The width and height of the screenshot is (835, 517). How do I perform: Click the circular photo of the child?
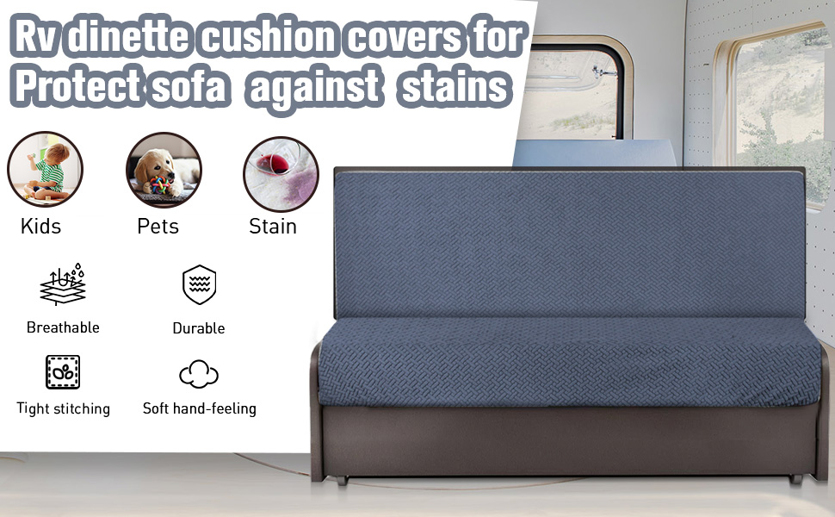pyautogui.click(x=45, y=170)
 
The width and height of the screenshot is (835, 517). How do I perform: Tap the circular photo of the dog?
pyautogui.click(x=164, y=170)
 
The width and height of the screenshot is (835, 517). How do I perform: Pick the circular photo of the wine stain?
pyautogui.click(x=281, y=170)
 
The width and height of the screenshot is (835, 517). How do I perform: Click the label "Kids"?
pyautogui.click(x=41, y=227)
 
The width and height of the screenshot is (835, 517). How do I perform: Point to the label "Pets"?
pyautogui.click(x=158, y=227)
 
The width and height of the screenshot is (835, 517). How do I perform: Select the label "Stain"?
pyautogui.click(x=273, y=227)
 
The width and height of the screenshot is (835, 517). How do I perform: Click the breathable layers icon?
pyautogui.click(x=63, y=285)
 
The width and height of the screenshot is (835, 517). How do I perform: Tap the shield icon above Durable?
pyautogui.click(x=199, y=285)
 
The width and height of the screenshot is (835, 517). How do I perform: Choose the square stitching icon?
pyautogui.click(x=63, y=372)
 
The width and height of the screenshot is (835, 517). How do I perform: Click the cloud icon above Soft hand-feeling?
pyautogui.click(x=199, y=374)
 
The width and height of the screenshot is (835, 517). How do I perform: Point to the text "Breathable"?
pyautogui.click(x=63, y=327)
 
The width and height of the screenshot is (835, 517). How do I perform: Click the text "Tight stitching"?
pyautogui.click(x=63, y=408)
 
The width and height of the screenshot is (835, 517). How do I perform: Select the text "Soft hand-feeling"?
pyautogui.click(x=199, y=408)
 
